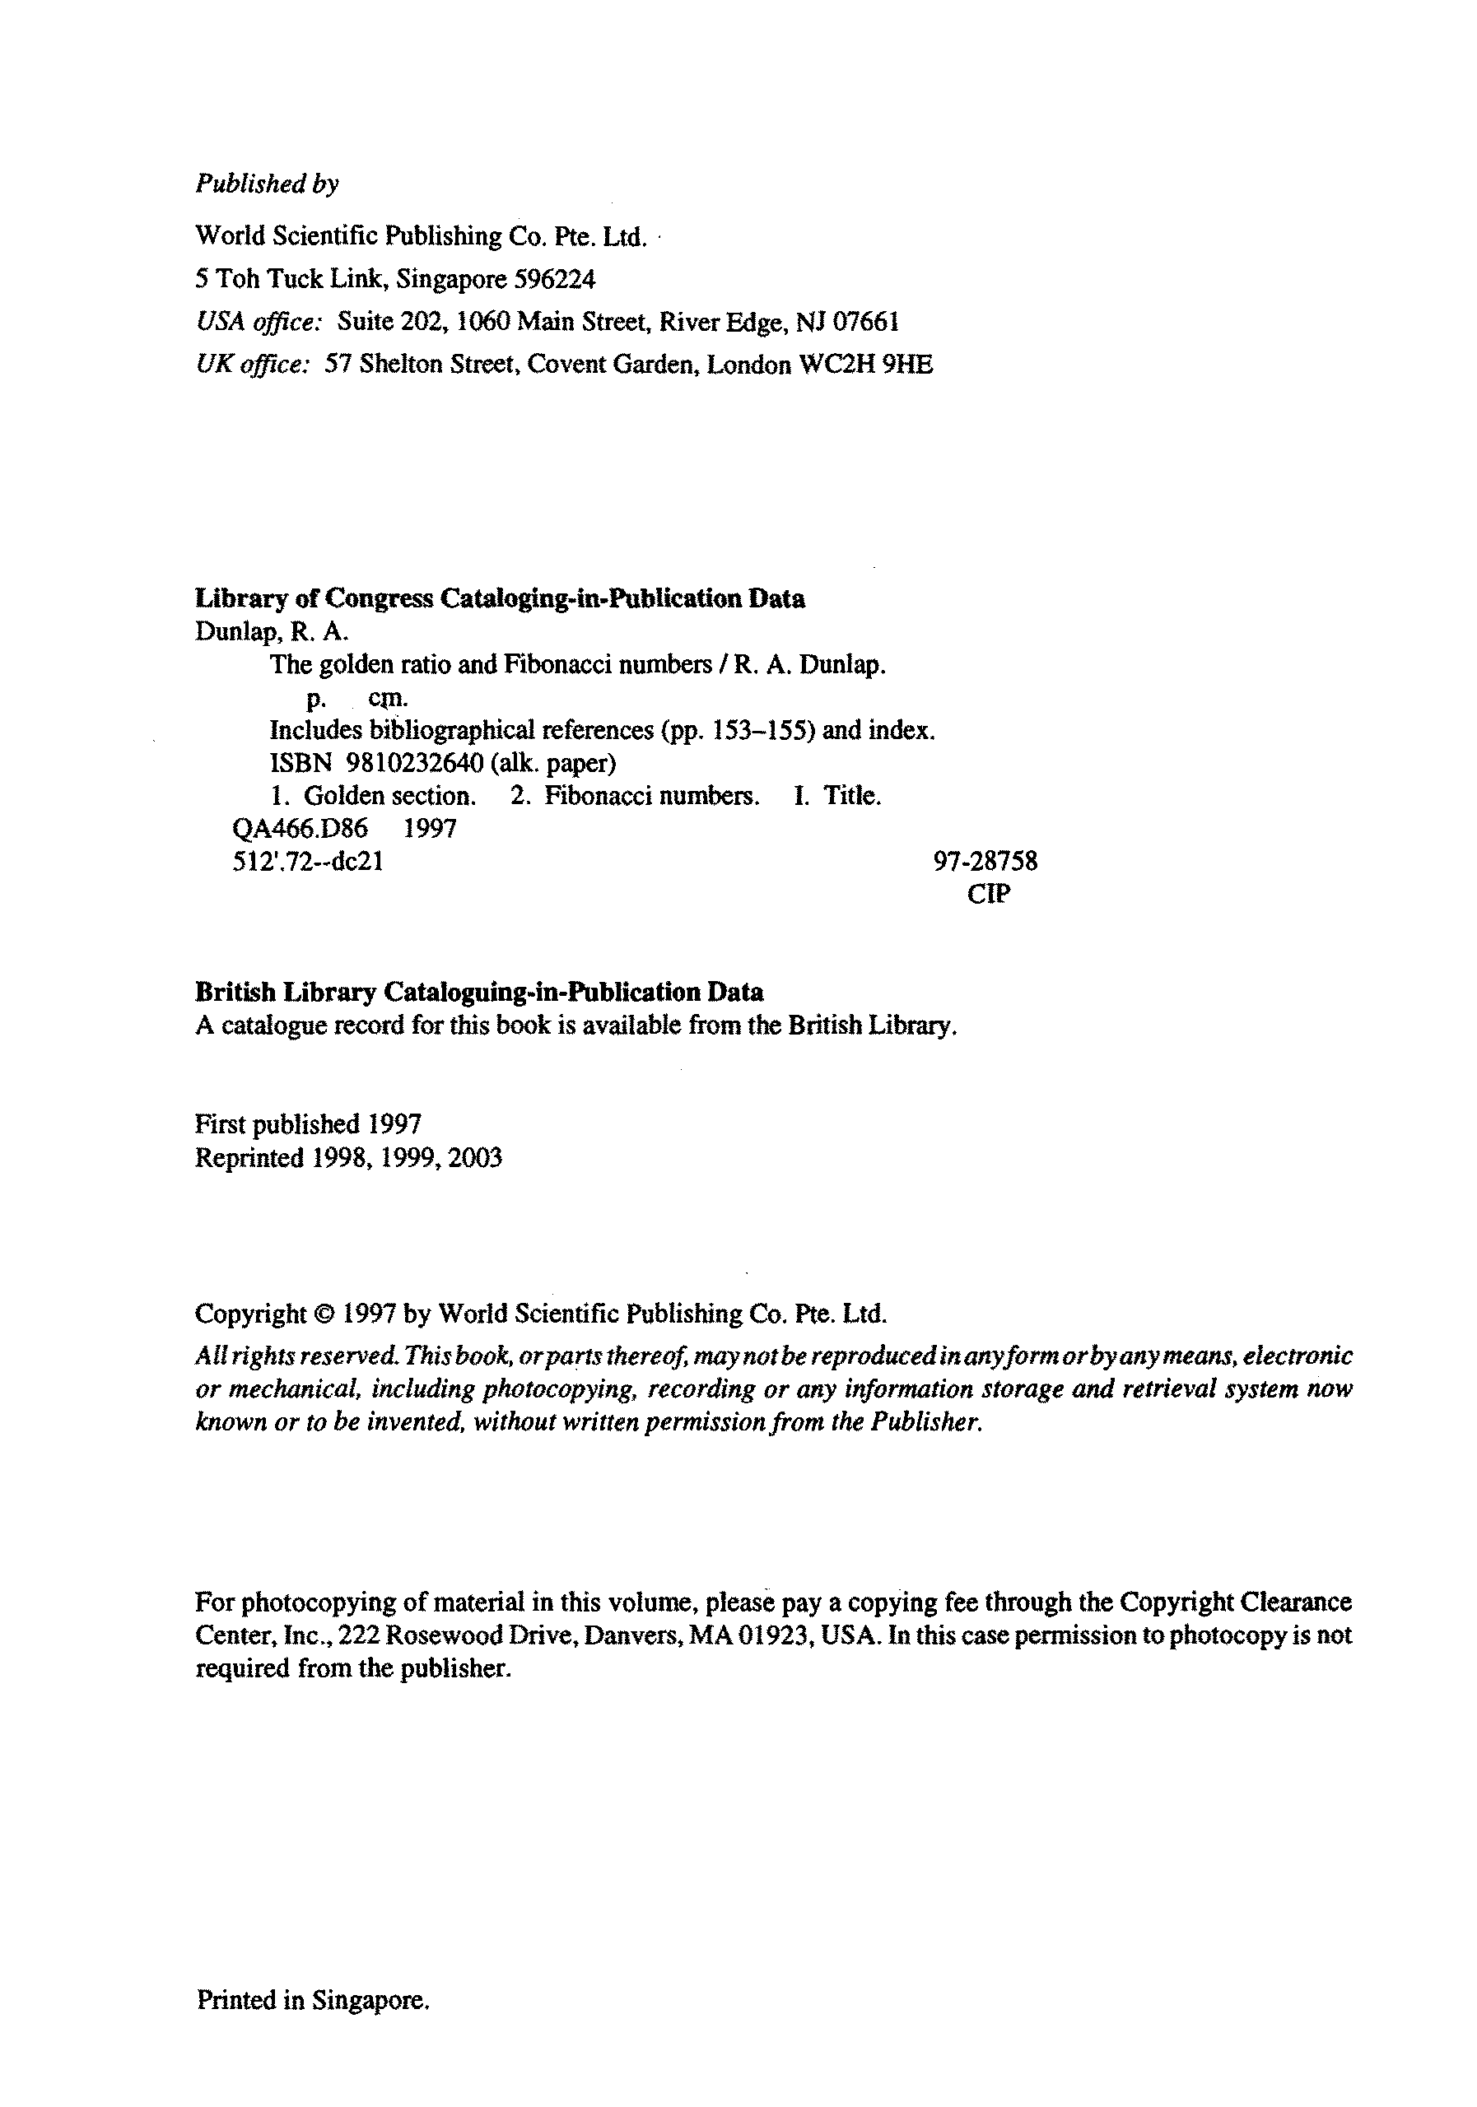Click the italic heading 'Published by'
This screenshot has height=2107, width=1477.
[x=267, y=184]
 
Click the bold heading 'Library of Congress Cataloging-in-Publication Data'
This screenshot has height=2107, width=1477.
[x=501, y=598]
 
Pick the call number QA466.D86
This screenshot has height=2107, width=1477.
[x=301, y=829]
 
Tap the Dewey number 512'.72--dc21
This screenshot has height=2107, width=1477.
[x=308, y=862]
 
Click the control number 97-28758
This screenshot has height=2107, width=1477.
[x=985, y=862]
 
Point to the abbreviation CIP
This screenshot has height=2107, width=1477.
[x=989, y=894]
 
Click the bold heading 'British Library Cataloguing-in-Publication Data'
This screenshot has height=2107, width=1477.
[x=479, y=992]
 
